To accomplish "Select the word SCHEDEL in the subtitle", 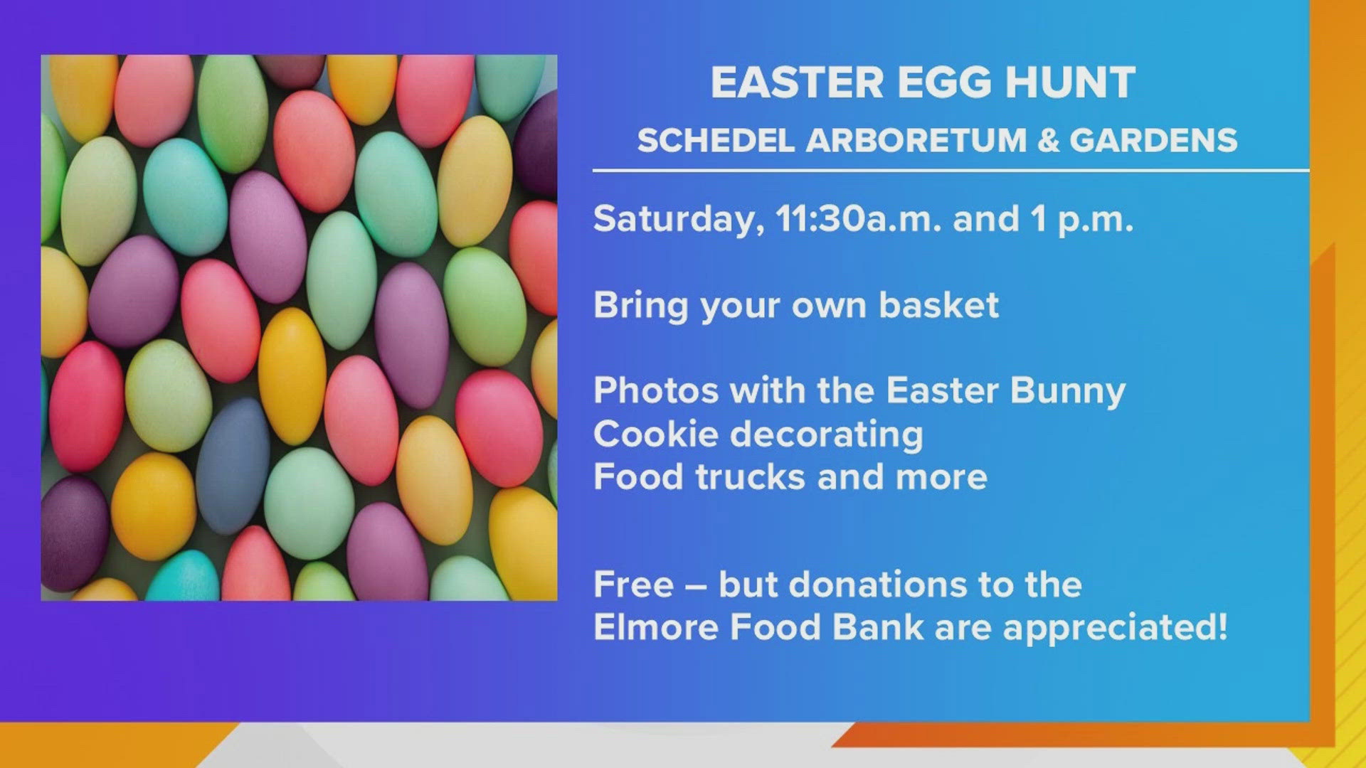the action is tap(716, 140).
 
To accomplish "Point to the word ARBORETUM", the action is tap(916, 140).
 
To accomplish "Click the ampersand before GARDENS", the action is tap(1049, 140).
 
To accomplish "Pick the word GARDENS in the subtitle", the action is tap(1153, 140).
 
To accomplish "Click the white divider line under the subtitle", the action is tap(951, 171).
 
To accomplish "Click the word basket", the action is tap(938, 305).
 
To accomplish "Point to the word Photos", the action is tap(656, 390).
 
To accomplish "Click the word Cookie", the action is tap(656, 434).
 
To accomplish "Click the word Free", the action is tap(633, 585).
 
